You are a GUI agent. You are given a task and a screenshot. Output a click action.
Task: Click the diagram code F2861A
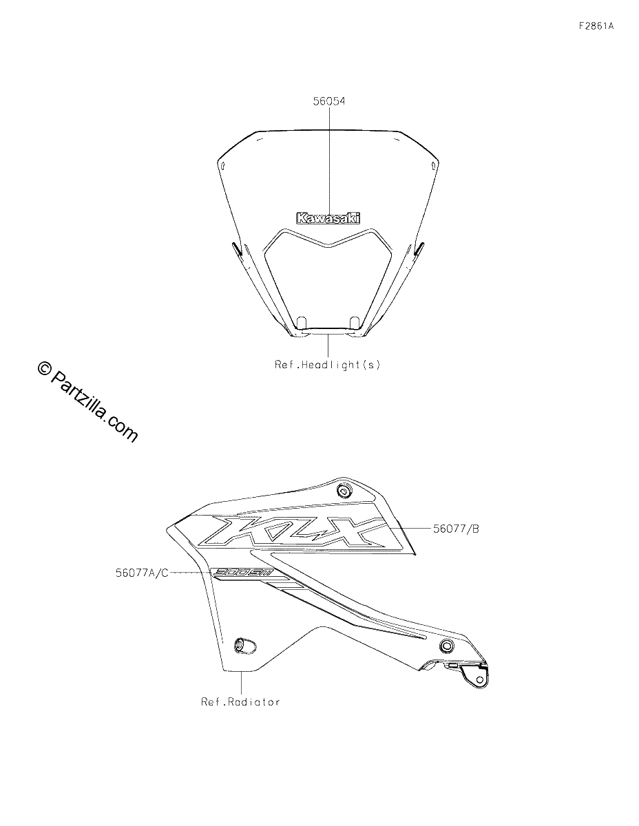tap(596, 26)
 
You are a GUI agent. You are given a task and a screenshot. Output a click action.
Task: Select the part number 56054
tap(329, 101)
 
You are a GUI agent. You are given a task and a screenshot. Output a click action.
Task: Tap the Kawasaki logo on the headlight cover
tap(328, 218)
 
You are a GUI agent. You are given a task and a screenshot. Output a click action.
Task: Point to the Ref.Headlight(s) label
tap(327, 365)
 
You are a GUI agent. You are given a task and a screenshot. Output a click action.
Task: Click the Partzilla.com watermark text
tap(94, 407)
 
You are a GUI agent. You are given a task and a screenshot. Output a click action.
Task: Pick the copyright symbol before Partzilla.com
tap(45, 368)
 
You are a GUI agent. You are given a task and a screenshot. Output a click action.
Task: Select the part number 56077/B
tap(456, 529)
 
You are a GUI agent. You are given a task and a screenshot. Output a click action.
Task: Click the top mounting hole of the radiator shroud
tap(344, 491)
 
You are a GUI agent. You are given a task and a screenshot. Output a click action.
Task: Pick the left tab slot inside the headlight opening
tap(302, 321)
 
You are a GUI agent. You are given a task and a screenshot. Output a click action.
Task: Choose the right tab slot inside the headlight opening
tap(355, 321)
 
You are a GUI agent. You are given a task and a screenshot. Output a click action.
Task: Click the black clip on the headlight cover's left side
tap(236, 249)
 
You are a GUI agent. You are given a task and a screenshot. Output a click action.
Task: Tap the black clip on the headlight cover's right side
tap(419, 249)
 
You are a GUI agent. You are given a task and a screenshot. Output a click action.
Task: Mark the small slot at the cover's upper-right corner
tap(432, 166)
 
